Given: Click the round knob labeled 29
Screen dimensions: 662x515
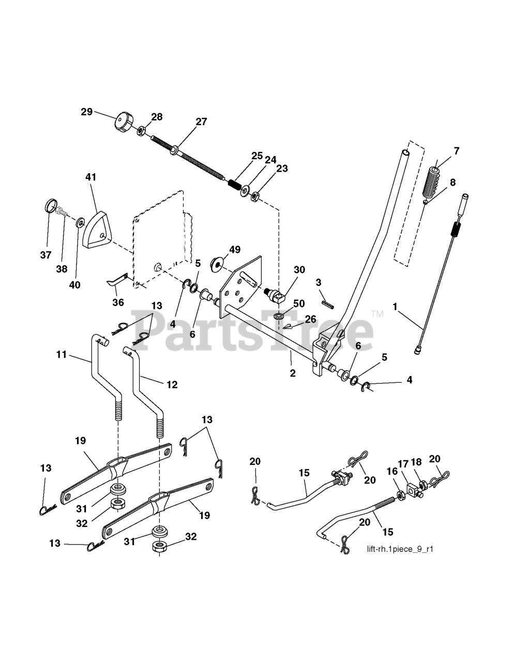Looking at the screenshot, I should (122, 122).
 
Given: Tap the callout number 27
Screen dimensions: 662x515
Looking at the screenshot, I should (201, 122).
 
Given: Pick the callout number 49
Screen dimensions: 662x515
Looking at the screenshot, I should (234, 250).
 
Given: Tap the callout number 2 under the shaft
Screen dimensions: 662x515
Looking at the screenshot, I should (293, 373).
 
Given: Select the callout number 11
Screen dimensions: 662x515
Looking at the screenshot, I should (62, 354).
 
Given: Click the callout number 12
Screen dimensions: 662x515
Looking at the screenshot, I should (172, 385).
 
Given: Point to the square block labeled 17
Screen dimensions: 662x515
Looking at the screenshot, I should (412, 489).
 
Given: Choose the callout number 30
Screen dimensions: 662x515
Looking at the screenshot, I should (299, 270).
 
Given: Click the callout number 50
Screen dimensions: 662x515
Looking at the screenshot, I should (299, 304).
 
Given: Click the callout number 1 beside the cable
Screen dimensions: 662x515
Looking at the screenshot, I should (395, 307).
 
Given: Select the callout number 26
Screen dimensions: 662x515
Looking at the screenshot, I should (310, 319).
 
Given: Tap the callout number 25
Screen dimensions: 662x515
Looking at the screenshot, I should (257, 155).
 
